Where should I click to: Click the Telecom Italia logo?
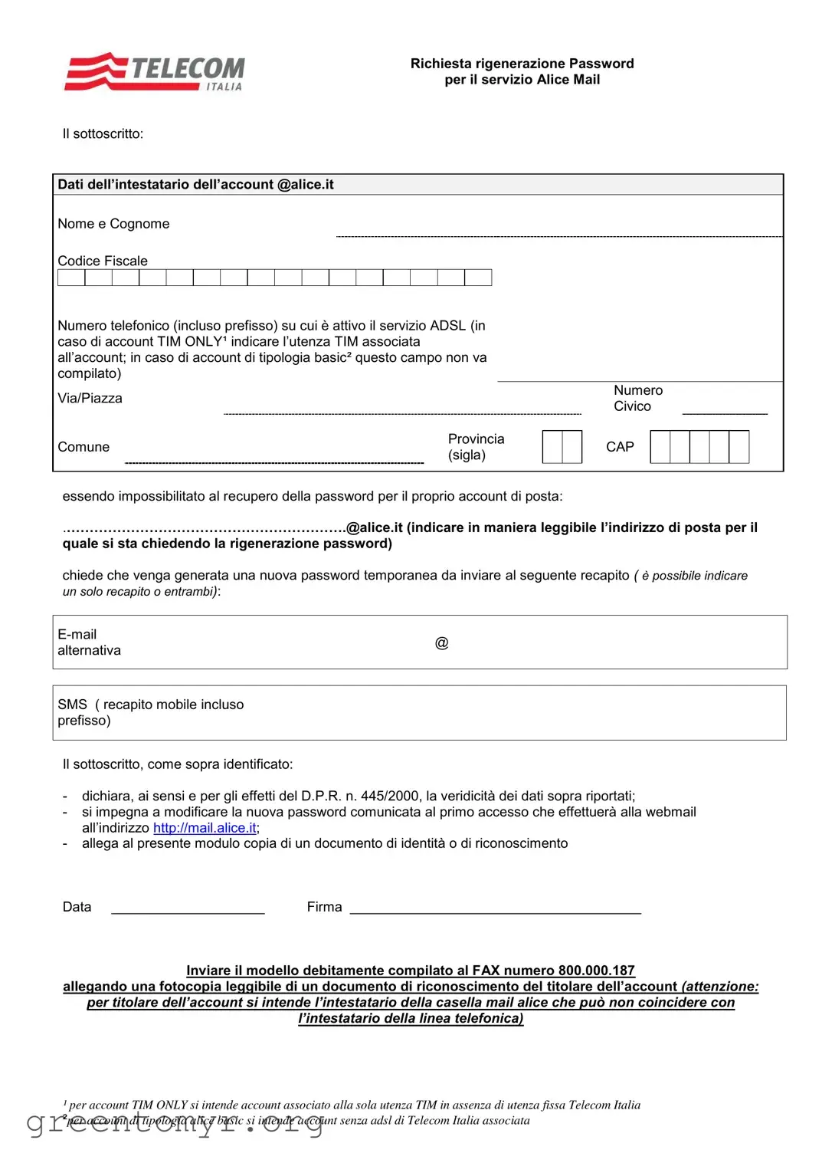[155, 72]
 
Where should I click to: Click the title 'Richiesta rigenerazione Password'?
[522, 64]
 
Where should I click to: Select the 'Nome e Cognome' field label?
[113, 224]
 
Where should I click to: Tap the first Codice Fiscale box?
[71, 278]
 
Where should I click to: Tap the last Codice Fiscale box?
[478, 278]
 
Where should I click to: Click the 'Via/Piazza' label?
[90, 398]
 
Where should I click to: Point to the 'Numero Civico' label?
[637, 398]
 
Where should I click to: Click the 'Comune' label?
[84, 447]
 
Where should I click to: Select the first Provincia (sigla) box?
[552, 447]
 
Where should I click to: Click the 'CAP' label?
[620, 447]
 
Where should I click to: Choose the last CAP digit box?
[739, 447]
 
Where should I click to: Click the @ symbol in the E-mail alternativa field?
[441, 642]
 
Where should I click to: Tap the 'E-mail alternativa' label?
[88, 642]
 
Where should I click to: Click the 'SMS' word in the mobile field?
[72, 705]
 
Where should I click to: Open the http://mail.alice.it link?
[205, 828]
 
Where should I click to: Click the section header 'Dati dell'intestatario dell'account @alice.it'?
[195, 185]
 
